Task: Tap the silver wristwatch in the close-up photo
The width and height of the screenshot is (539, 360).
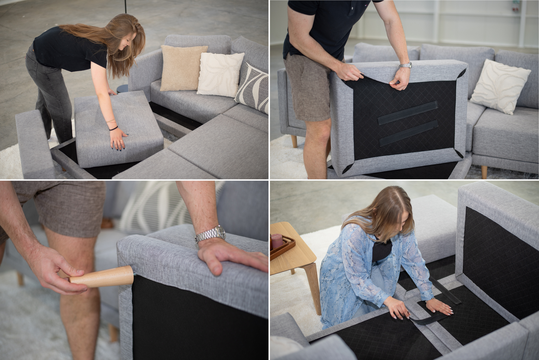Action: click(211, 234)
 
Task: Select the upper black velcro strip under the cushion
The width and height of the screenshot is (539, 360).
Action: click(407, 113)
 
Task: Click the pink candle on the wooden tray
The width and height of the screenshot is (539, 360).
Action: click(277, 241)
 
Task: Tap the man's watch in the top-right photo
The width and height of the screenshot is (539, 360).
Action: click(406, 65)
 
